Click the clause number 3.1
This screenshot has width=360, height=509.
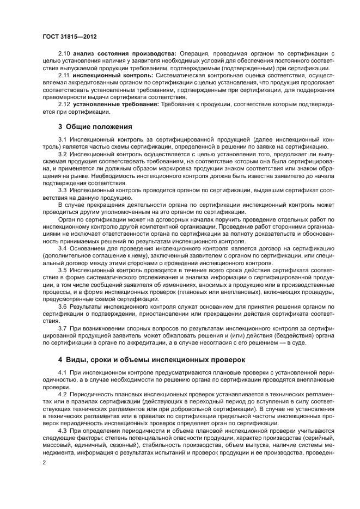62,140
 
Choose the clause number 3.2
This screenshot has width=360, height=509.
62,155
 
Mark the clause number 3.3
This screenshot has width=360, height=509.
62,190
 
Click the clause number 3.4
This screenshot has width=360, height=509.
62,248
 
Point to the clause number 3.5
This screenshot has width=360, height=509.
62,269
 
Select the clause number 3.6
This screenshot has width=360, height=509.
62,306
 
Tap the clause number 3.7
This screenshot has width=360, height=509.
62,328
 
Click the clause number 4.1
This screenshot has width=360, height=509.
62,372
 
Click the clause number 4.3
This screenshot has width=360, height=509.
62,430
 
